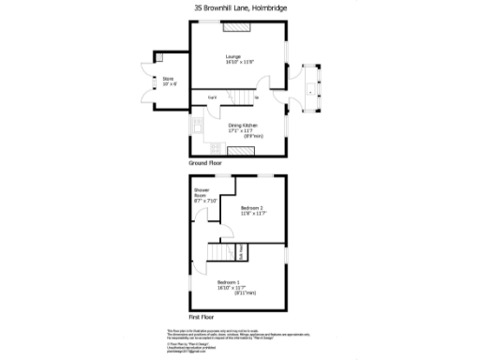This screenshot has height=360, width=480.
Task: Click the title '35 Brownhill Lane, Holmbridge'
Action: tap(239, 7)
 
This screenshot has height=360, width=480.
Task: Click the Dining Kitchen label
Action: tap(242, 127)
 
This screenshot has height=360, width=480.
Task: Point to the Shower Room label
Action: tap(205, 197)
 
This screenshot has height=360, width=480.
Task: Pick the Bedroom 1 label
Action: tap(230, 284)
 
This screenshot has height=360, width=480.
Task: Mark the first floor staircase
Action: tap(222, 254)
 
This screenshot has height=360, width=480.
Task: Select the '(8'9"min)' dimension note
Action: tap(251, 137)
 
